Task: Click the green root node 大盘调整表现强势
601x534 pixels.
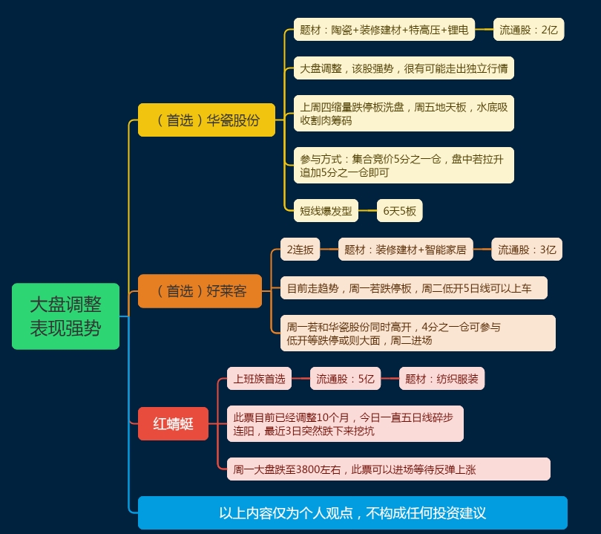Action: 65,316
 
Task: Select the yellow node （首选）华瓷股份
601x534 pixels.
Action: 206,120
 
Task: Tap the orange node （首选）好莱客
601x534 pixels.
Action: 200,290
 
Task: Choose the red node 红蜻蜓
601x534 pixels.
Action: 173,423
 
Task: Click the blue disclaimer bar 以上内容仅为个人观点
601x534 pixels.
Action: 352,512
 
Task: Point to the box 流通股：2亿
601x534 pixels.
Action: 528,30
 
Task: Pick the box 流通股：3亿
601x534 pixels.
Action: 527,250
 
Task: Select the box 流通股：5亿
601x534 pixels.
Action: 345,379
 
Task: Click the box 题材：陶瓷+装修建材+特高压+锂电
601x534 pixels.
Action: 384,30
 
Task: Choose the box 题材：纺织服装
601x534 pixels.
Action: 441,379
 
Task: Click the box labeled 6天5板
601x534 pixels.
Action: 399,210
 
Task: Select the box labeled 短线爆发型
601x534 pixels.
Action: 326,210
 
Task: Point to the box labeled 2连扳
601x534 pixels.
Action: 300,250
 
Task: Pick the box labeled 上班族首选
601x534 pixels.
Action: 259,379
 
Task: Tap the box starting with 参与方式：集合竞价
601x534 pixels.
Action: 403,166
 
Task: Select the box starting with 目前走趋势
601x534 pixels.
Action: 413,288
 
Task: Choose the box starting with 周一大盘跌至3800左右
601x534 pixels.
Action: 388,469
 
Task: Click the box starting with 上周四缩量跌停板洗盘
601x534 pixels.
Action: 403,113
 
